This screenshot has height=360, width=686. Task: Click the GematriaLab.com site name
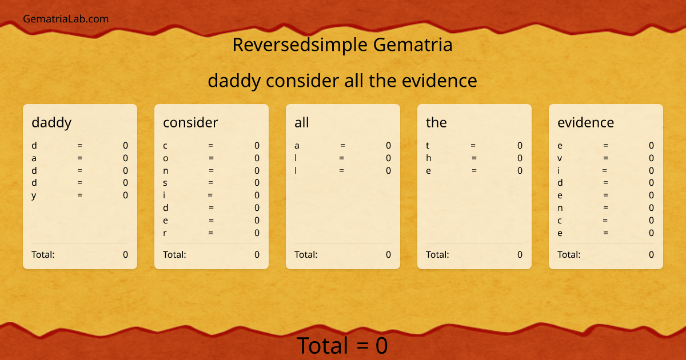[x=66, y=19]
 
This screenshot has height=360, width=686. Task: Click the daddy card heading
[x=51, y=122]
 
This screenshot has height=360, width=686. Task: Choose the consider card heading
[x=190, y=122]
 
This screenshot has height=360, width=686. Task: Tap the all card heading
[x=301, y=122]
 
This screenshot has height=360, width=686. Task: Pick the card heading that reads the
[x=436, y=122]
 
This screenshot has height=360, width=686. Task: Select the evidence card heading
[x=585, y=122]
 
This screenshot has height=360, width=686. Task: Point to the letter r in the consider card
[x=165, y=233]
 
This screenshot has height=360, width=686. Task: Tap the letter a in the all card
[x=297, y=146]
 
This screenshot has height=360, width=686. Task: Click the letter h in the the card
[x=429, y=158]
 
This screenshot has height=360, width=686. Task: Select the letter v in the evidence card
[x=560, y=158]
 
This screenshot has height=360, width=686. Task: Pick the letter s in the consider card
[x=165, y=183]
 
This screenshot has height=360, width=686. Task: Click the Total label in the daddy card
[x=43, y=254]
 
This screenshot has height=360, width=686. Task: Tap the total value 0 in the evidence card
[x=651, y=254]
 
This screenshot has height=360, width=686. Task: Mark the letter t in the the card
[x=428, y=146]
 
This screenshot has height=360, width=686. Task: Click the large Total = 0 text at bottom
[x=342, y=346]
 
